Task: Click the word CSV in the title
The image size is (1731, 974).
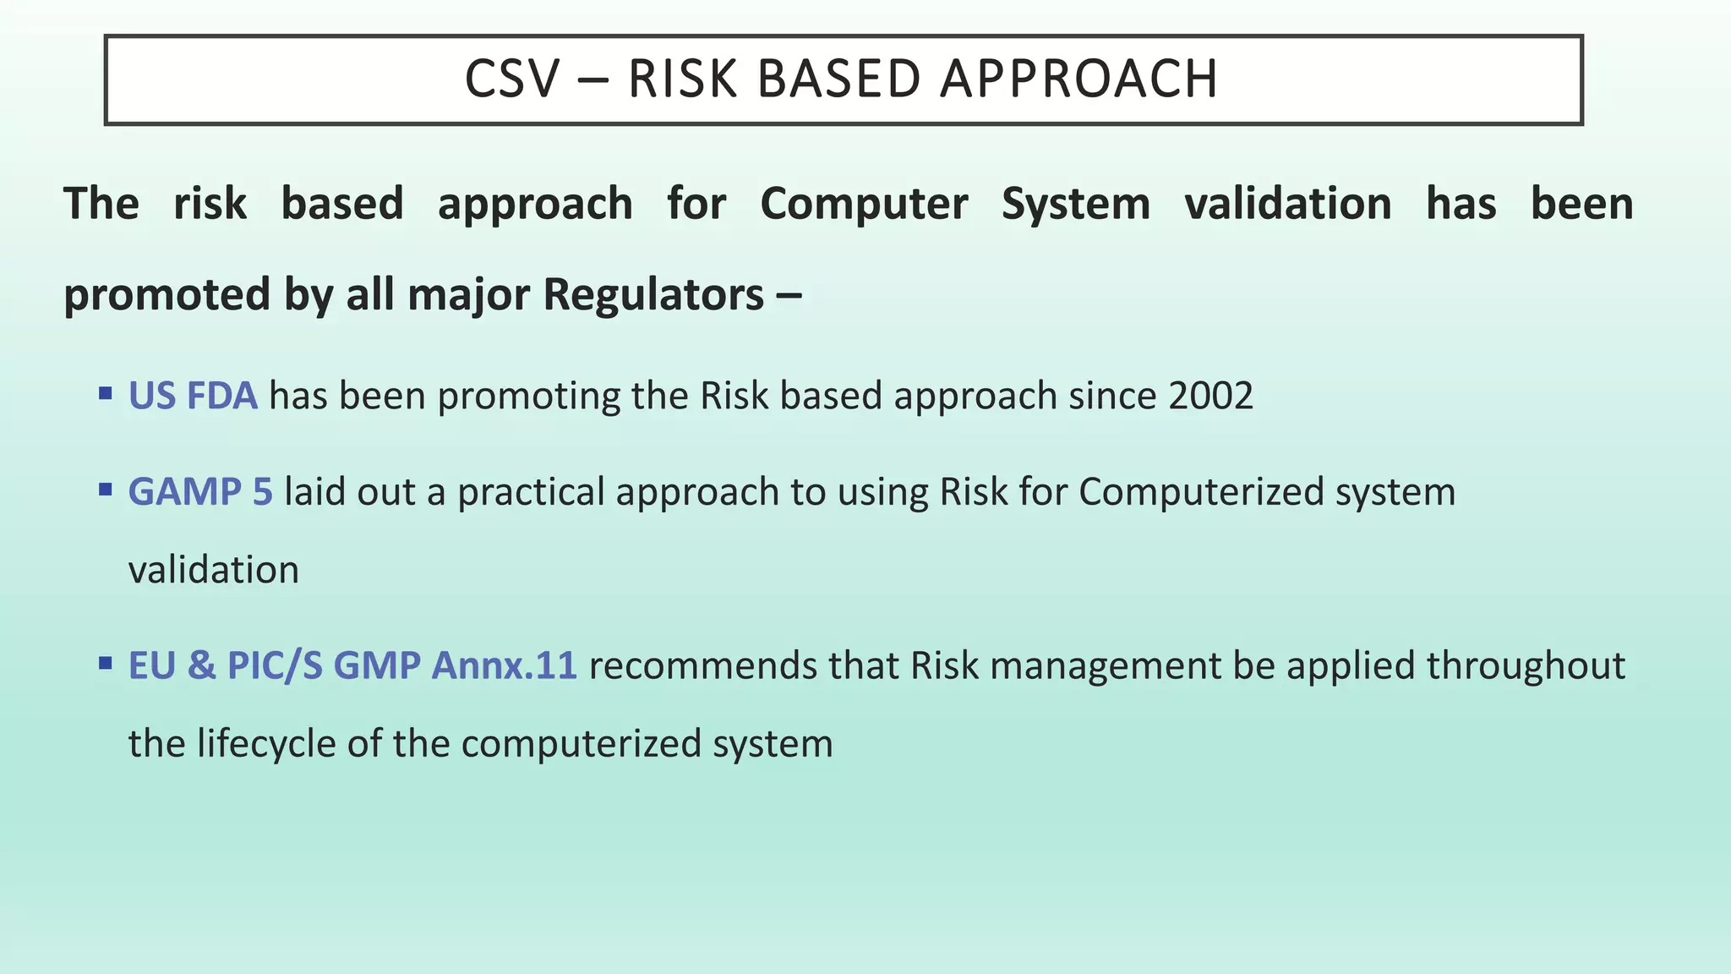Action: [x=512, y=79]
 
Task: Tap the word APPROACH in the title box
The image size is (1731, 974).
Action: [x=1078, y=79]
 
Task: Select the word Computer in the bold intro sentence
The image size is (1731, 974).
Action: [x=864, y=205]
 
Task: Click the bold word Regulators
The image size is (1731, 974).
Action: [x=653, y=295]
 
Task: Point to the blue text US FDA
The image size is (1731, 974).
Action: [x=193, y=396]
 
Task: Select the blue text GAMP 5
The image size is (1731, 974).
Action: [x=200, y=492]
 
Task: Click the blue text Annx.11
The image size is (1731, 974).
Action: [x=504, y=665]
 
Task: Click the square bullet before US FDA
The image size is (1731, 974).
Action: [x=106, y=393]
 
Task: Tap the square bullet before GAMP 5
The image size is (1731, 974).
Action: [x=106, y=490]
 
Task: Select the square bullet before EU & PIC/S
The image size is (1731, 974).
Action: [x=106, y=663]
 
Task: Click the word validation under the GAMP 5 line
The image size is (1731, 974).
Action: [x=214, y=570]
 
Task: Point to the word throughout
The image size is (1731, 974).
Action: [x=1526, y=665]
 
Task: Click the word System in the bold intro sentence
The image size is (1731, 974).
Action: [x=1075, y=205]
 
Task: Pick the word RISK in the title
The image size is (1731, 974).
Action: [x=683, y=79]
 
